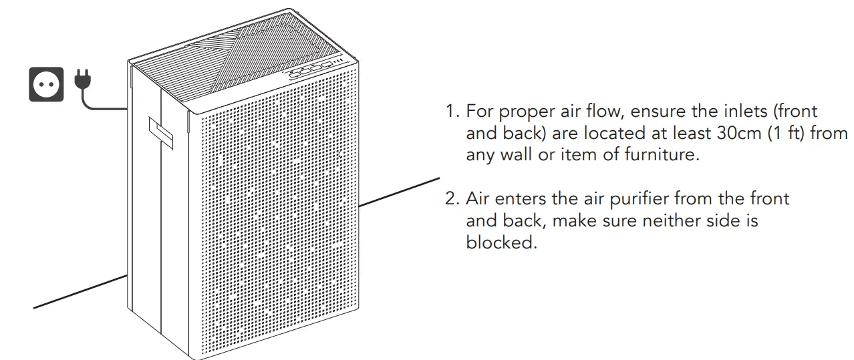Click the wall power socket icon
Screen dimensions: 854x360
(x=46, y=83)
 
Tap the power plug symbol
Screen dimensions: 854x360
(x=82, y=79)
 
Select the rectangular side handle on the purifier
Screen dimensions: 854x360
(x=160, y=133)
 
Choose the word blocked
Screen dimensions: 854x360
(x=501, y=242)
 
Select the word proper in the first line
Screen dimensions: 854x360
(x=522, y=112)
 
